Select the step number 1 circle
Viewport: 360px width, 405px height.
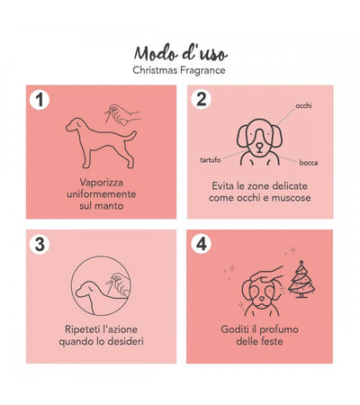39,100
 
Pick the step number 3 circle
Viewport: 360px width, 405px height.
39,244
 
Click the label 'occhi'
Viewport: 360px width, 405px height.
302,106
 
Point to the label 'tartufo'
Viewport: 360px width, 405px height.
210,160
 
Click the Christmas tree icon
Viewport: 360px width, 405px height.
301,280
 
